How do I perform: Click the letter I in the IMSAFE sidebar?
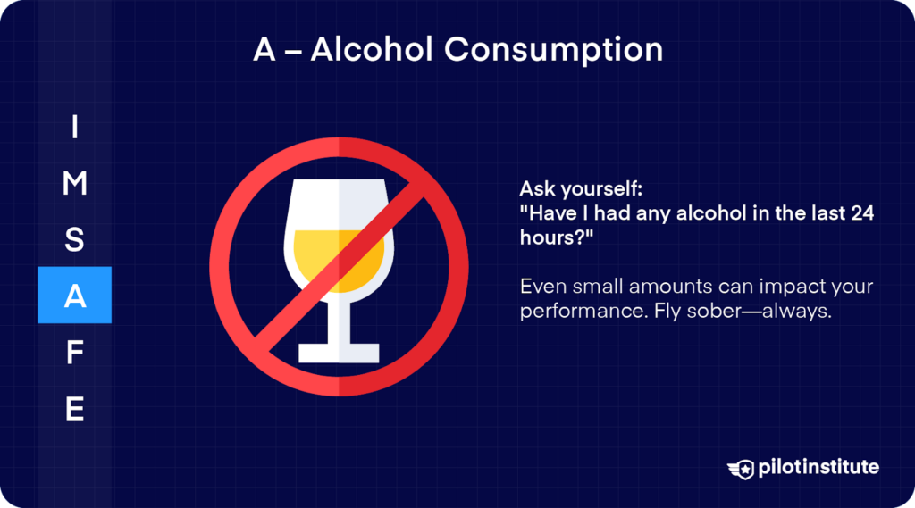[74, 128]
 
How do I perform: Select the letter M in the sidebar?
[74, 184]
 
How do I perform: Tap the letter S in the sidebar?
[74, 240]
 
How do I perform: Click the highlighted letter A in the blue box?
[74, 296]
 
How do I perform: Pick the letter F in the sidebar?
[74, 353]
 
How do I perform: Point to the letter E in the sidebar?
[74, 408]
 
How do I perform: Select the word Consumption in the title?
[554, 49]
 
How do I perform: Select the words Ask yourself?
[567, 190]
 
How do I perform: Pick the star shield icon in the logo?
[740, 468]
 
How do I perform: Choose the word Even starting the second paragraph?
[541, 288]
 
